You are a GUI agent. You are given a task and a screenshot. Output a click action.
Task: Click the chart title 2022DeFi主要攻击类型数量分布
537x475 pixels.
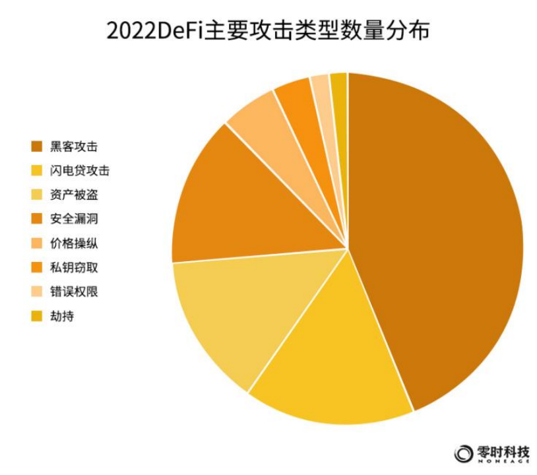click(268, 30)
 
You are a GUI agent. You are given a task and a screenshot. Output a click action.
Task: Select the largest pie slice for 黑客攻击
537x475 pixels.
click(435, 237)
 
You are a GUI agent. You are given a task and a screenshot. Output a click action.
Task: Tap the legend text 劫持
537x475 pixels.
click(62, 316)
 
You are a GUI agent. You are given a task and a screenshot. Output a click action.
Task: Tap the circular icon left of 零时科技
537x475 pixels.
click(464, 453)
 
